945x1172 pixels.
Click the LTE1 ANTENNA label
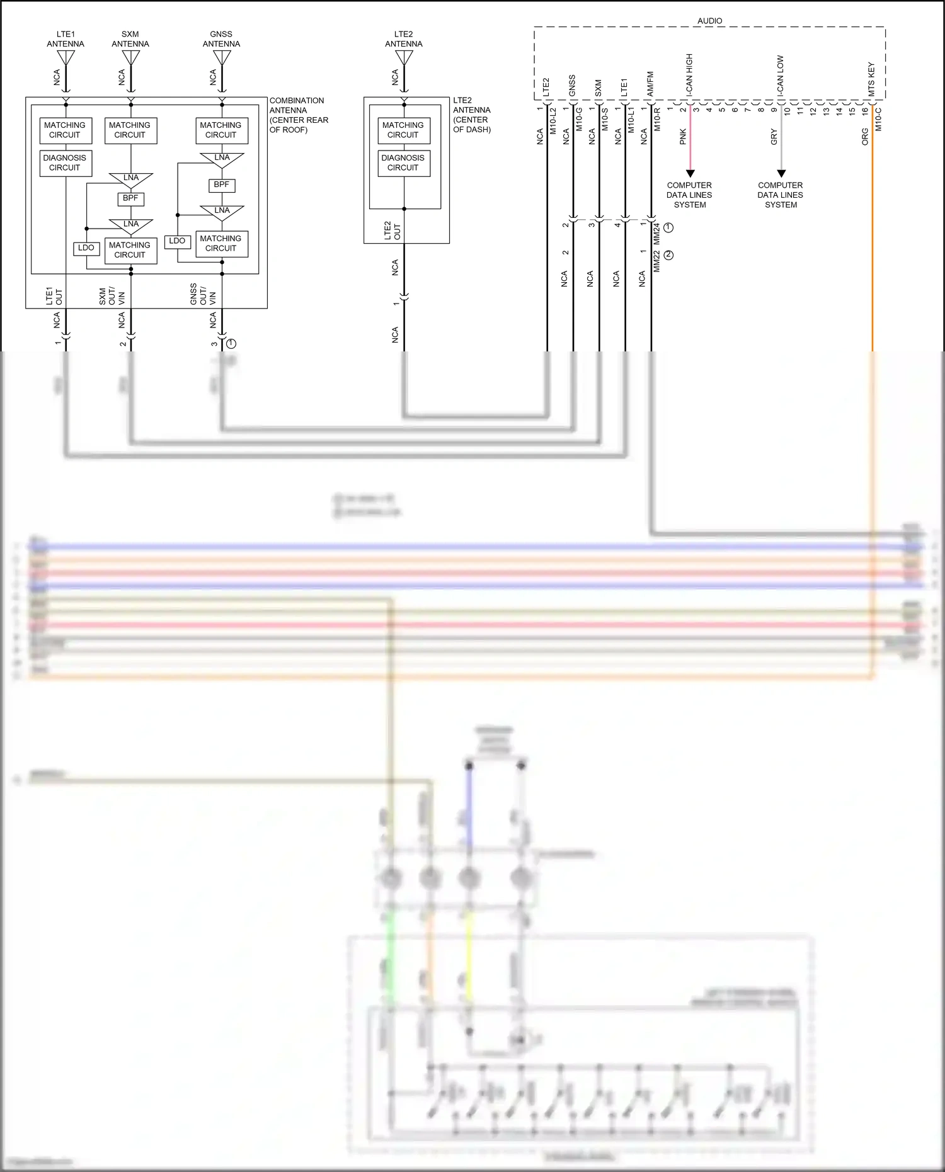click(x=66, y=39)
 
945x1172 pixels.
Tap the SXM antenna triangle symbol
click(x=130, y=57)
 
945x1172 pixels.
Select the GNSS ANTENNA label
click(x=221, y=39)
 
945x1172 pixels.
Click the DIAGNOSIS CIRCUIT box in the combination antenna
click(x=66, y=163)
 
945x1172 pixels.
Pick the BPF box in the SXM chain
click(x=130, y=198)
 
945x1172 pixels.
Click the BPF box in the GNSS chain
click(x=222, y=185)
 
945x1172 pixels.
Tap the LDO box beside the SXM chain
click(x=86, y=248)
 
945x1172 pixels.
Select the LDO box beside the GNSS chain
click(x=177, y=241)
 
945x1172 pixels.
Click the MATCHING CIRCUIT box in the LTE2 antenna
click(x=403, y=130)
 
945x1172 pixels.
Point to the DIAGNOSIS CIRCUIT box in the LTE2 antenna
click(x=403, y=163)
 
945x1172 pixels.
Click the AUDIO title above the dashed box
click(x=709, y=21)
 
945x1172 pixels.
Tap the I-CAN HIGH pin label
click(x=689, y=74)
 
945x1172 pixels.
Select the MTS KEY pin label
click(x=871, y=79)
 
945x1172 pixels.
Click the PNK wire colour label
click(x=683, y=137)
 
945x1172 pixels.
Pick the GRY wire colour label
click(x=774, y=137)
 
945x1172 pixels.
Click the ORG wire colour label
click(x=865, y=137)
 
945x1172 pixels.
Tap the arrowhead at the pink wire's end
click(x=690, y=173)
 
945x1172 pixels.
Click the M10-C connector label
click(x=878, y=119)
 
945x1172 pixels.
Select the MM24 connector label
click(x=656, y=234)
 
